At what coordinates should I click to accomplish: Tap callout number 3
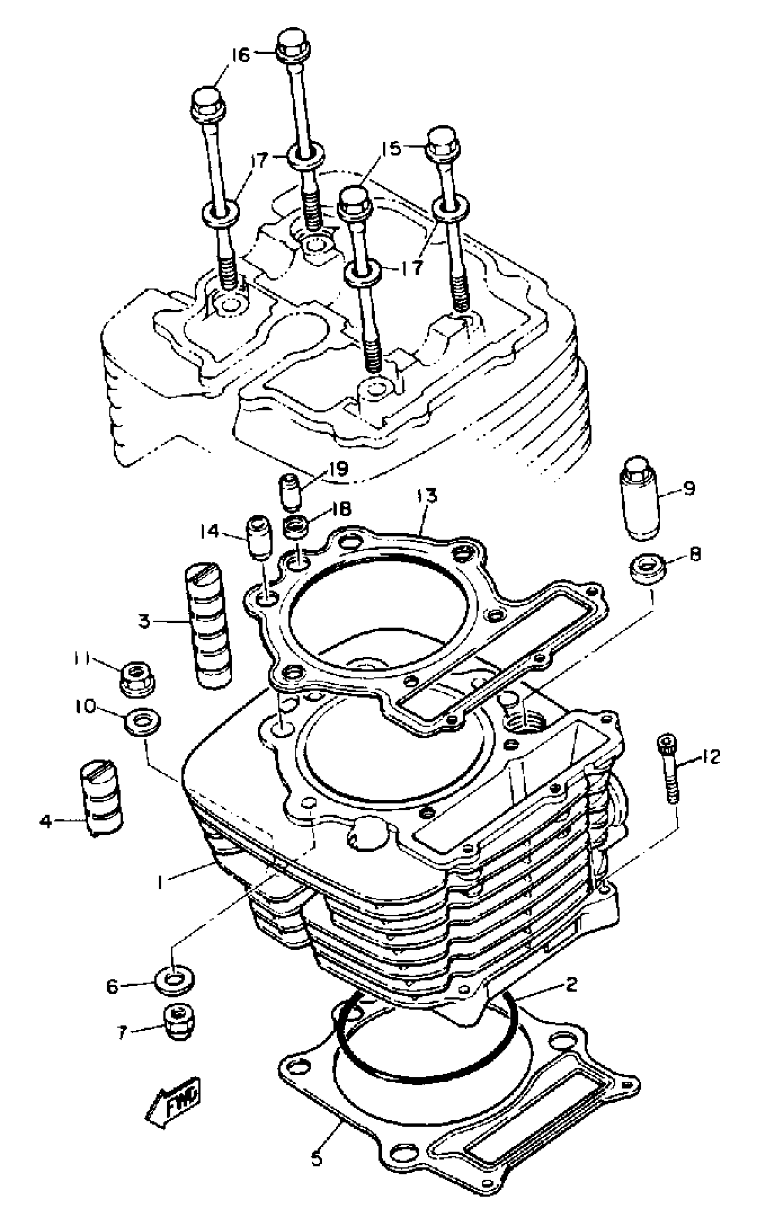click(x=145, y=622)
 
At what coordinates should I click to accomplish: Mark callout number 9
click(x=689, y=488)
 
